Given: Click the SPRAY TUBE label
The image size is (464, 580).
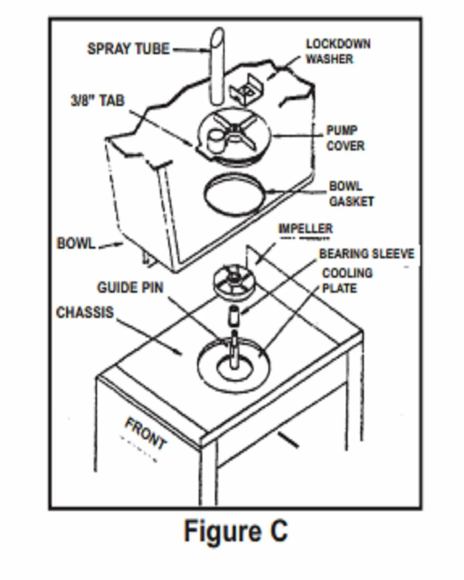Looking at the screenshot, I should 128,49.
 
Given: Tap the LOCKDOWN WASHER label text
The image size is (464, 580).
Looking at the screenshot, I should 338,51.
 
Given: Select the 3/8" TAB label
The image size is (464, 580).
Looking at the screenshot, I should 98,101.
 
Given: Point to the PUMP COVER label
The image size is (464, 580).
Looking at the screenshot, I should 345,138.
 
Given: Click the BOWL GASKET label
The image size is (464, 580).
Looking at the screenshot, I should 351,194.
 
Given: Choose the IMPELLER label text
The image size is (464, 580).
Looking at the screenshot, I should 305,229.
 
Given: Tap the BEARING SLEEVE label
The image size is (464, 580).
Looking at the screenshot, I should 366,254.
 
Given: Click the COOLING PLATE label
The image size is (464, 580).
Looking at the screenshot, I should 347,281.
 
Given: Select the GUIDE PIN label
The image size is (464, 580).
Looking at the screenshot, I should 130,287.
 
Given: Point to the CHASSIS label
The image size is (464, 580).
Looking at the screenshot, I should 85,312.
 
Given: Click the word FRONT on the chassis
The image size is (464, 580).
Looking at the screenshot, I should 145,433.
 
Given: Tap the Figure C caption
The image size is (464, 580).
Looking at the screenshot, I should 235,531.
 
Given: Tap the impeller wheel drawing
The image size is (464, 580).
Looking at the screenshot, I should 232,281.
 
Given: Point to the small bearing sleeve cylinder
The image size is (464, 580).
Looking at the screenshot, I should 234,315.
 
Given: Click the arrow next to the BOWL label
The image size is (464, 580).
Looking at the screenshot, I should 111,245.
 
